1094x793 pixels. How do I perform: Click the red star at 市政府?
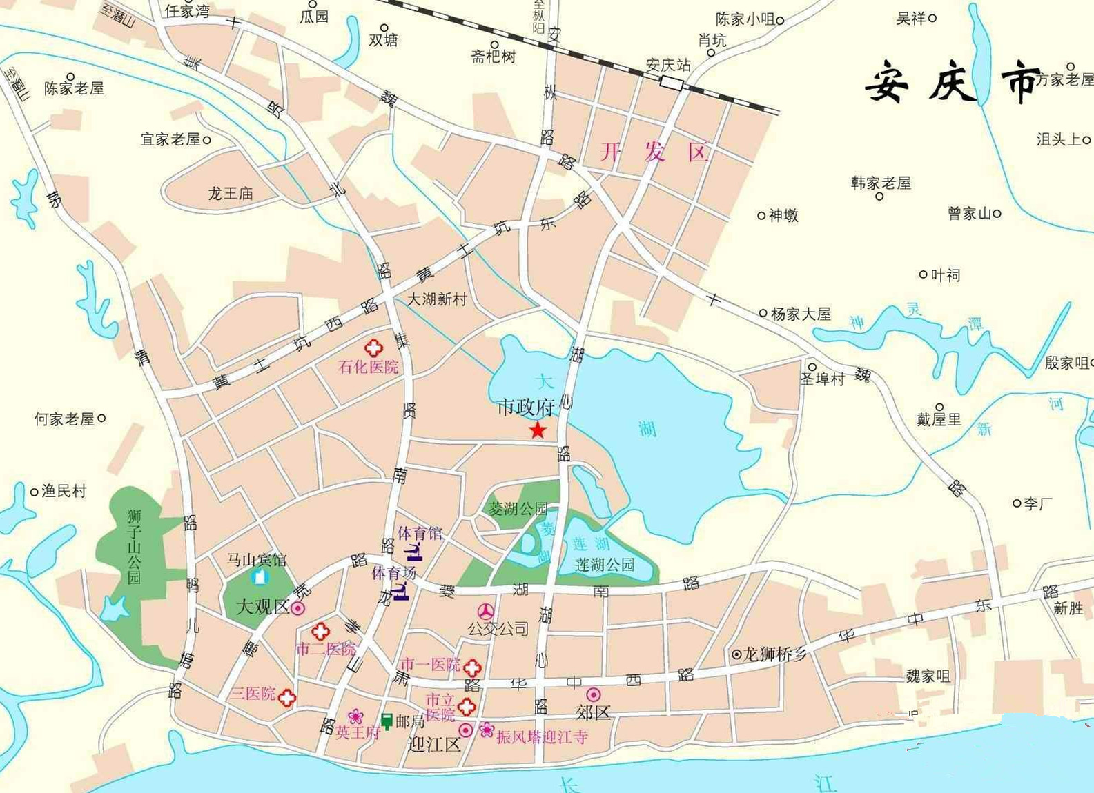pos(538,431)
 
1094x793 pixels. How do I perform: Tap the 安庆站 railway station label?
pos(667,65)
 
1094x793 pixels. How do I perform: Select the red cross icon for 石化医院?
pos(373,348)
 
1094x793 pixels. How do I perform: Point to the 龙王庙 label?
pos(231,193)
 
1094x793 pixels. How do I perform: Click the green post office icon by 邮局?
pos(387,721)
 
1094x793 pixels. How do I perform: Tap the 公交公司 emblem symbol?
pos(487,611)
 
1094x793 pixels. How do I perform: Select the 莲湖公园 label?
pos(605,565)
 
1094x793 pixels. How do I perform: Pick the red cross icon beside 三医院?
pos(287,698)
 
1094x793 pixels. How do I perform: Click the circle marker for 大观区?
pos(298,608)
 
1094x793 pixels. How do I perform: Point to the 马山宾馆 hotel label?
pos(256,559)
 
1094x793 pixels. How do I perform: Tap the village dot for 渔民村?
pos(34,492)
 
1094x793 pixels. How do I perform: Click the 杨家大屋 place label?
pos(801,314)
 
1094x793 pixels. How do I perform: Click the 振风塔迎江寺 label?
pos(542,736)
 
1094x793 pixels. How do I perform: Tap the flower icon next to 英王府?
pos(355,716)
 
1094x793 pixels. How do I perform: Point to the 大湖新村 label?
pos(436,299)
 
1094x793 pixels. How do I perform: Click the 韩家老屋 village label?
pos(881,183)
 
